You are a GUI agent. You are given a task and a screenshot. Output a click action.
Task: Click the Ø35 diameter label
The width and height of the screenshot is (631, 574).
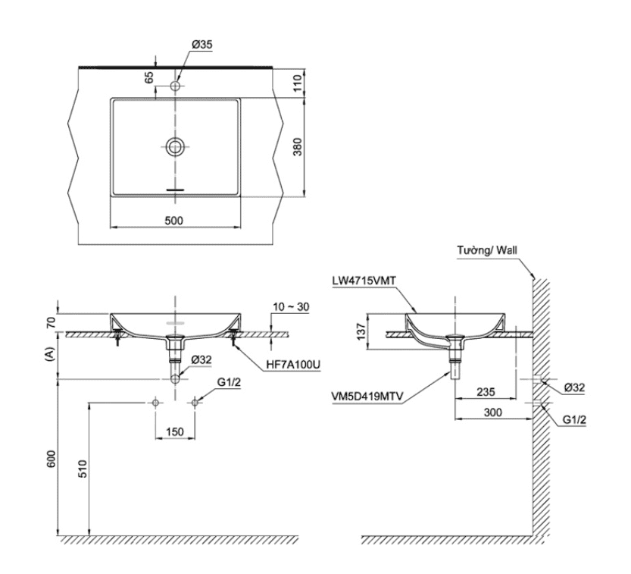pos(201,45)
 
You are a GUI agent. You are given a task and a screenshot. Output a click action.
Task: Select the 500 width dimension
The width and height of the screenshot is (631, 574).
pos(175,221)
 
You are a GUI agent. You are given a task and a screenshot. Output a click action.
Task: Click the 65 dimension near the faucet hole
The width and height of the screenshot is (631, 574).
pos(149,77)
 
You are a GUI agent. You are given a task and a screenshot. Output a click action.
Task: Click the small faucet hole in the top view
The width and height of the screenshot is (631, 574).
pos(176,86)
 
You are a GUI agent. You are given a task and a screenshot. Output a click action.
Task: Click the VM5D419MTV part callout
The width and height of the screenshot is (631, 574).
pos(367,395)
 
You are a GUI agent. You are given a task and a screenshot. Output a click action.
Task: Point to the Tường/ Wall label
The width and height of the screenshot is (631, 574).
pos(488,251)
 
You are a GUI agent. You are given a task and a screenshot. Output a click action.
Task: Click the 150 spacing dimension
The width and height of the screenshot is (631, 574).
pos(175,431)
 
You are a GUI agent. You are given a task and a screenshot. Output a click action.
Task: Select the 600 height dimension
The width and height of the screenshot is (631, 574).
pos(52,460)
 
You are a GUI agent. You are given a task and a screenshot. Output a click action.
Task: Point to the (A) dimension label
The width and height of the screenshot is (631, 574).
pos(52,353)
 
